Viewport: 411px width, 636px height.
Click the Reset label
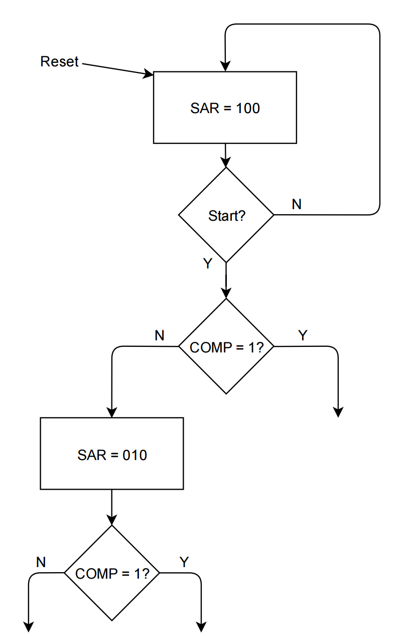point(59,62)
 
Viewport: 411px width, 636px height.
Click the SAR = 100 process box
point(225,108)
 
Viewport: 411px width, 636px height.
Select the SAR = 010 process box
point(111,453)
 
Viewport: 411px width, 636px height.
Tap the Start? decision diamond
point(226,215)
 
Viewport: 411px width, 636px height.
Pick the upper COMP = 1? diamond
point(226,346)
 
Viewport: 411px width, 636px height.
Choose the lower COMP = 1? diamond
point(111,573)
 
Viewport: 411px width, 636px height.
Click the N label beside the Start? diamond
point(297,204)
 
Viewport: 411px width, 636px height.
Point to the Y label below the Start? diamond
point(207,263)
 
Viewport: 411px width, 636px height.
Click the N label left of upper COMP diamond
point(160,335)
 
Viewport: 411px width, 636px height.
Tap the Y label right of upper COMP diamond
point(302,335)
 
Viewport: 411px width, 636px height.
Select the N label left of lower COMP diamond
point(41,562)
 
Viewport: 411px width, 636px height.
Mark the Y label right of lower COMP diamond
point(184,562)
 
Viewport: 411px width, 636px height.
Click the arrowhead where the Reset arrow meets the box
point(149,75)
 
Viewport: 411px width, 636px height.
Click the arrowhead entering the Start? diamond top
point(226,162)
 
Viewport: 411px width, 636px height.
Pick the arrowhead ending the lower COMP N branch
point(29,627)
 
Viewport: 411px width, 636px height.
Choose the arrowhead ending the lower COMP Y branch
point(201,627)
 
